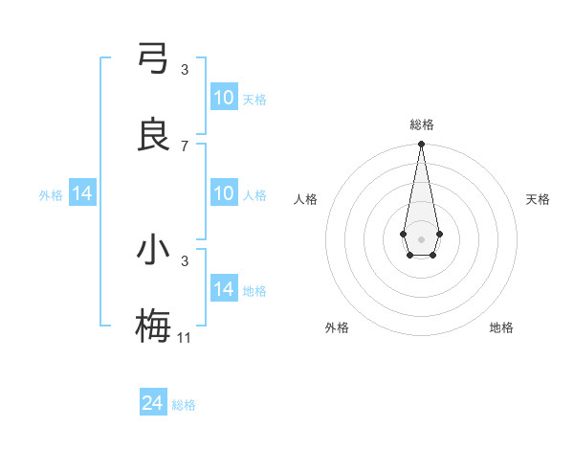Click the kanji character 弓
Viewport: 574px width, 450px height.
(x=153, y=58)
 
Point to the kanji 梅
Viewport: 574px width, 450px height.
(x=153, y=326)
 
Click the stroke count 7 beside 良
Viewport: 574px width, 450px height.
(x=185, y=146)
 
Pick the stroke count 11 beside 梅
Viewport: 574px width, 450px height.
(x=185, y=337)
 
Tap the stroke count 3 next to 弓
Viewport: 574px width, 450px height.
(x=185, y=70)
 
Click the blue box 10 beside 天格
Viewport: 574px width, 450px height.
(x=224, y=98)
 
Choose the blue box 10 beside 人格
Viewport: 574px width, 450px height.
(x=224, y=193)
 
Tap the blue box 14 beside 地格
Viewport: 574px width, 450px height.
(x=224, y=289)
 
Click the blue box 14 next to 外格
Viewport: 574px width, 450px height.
(x=82, y=193)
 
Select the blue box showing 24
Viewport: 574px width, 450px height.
(x=153, y=403)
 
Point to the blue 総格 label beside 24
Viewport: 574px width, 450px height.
(x=184, y=405)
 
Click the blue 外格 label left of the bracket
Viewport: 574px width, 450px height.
(x=51, y=195)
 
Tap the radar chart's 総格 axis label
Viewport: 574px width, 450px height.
(x=421, y=124)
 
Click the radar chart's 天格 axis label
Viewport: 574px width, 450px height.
(x=538, y=199)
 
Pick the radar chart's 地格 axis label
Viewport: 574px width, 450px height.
(x=501, y=327)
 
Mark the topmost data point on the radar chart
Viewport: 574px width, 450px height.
(x=421, y=145)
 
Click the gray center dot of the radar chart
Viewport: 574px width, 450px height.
(x=421, y=237)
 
